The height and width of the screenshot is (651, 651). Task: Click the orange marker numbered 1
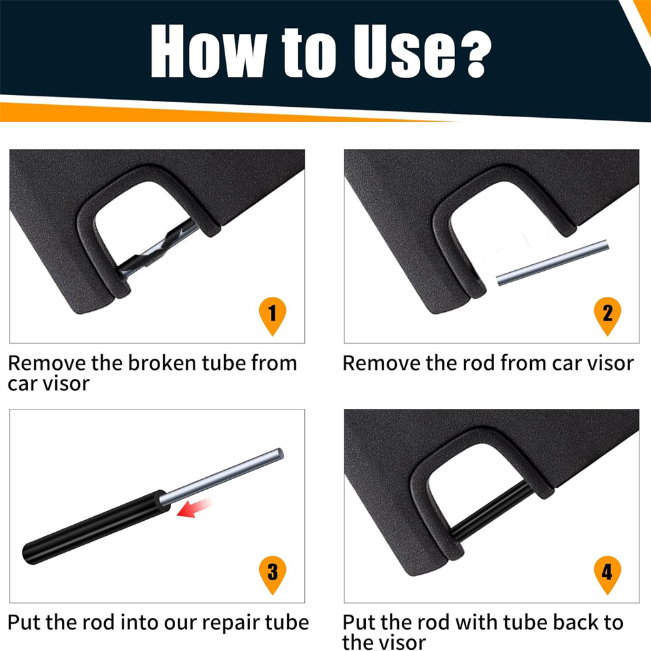(x=272, y=314)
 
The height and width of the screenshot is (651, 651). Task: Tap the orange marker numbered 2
(x=607, y=314)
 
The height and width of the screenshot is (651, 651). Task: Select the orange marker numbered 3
(x=272, y=574)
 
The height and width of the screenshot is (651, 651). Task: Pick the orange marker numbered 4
(x=607, y=574)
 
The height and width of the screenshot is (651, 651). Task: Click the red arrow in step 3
(x=194, y=508)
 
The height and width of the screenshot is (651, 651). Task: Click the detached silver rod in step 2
(x=553, y=263)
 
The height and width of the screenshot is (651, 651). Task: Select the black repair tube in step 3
(x=96, y=527)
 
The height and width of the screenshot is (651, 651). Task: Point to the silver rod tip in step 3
(x=280, y=453)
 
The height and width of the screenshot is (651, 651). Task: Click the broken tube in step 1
(x=157, y=248)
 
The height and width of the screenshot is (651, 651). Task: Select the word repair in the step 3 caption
(x=230, y=623)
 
